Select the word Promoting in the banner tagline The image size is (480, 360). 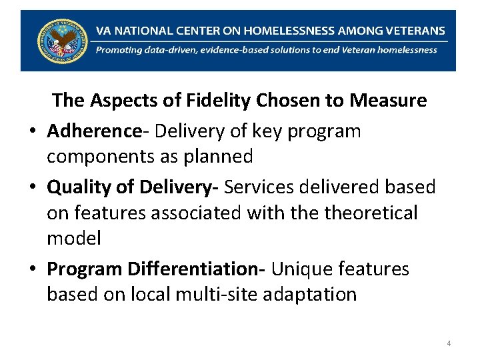(118, 49)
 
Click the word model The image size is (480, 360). (73, 238)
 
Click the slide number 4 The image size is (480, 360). (449, 343)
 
